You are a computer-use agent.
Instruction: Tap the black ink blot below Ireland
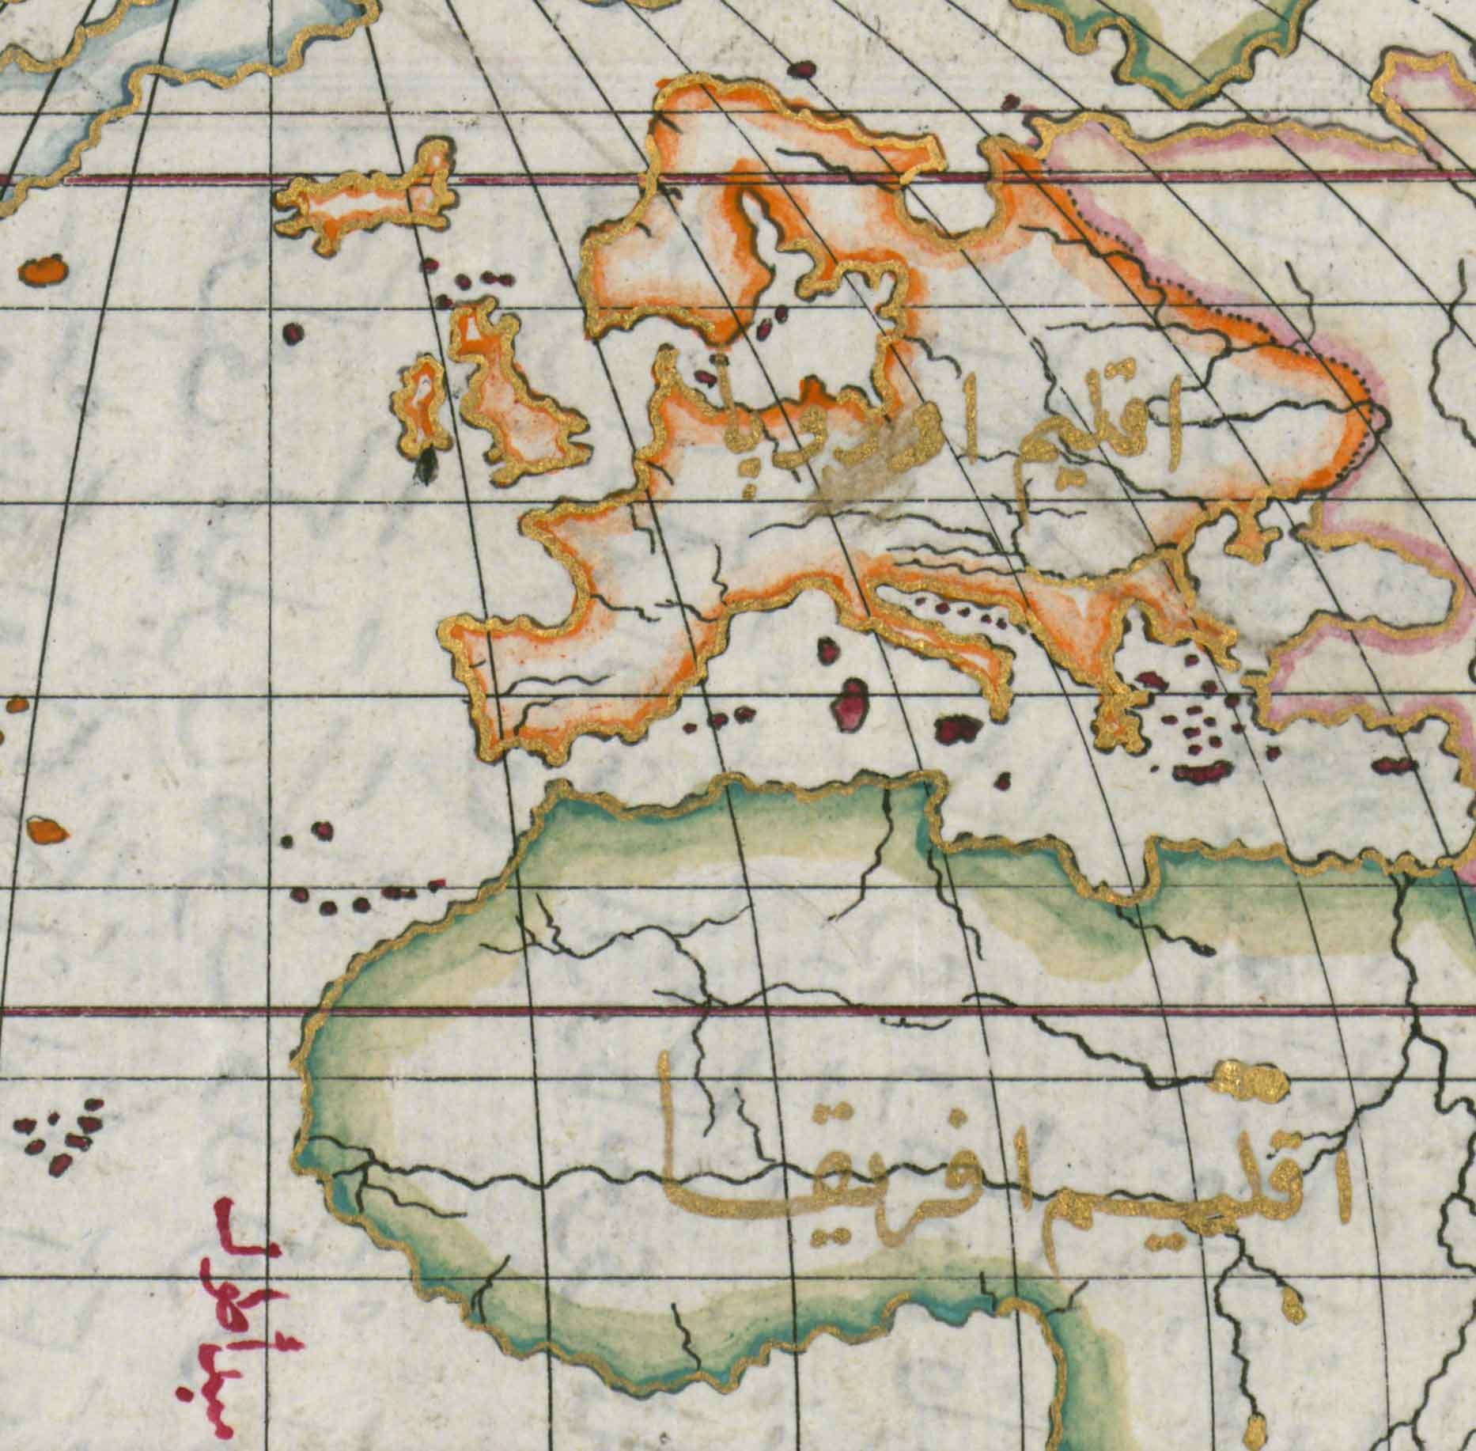coord(428,467)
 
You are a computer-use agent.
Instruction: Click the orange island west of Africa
coord(44,831)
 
